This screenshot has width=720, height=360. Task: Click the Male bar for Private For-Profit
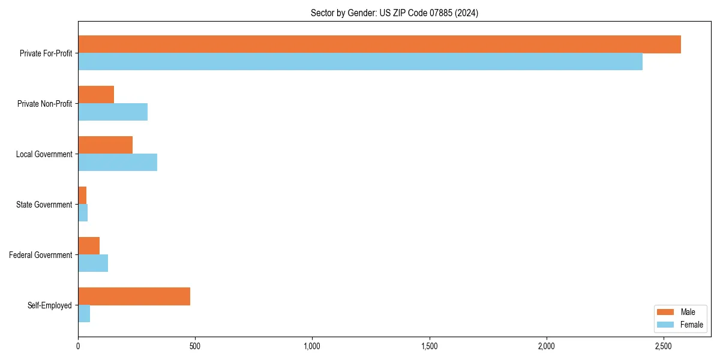pyautogui.click(x=379, y=44)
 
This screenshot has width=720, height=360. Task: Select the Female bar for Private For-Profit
pyautogui.click(x=360, y=62)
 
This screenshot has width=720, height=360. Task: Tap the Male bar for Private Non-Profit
pyautogui.click(x=96, y=95)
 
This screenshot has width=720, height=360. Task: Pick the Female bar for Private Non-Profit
pyautogui.click(x=113, y=112)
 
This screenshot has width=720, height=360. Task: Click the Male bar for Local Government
pyautogui.click(x=105, y=145)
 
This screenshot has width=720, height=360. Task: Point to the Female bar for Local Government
pyautogui.click(x=118, y=163)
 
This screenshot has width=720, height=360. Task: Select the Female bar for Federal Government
pyautogui.click(x=93, y=263)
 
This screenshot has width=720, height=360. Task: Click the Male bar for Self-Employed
pyautogui.click(x=134, y=296)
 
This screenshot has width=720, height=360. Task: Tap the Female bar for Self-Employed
pyautogui.click(x=84, y=314)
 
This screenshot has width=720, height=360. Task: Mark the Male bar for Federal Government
pyautogui.click(x=89, y=246)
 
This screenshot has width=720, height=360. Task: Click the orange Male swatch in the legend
pyautogui.click(x=666, y=312)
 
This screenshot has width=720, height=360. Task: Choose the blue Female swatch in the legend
pyautogui.click(x=666, y=325)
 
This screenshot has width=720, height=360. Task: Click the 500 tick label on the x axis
pyautogui.click(x=195, y=346)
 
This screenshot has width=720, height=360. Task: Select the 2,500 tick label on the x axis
pyautogui.click(x=663, y=346)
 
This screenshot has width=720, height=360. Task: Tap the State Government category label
pyautogui.click(x=44, y=205)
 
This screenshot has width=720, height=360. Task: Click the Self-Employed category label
pyautogui.click(x=50, y=305)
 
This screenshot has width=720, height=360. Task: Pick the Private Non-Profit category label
pyautogui.click(x=44, y=104)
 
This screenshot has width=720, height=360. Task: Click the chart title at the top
pyautogui.click(x=394, y=13)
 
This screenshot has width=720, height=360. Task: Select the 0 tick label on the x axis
pyautogui.click(x=78, y=346)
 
